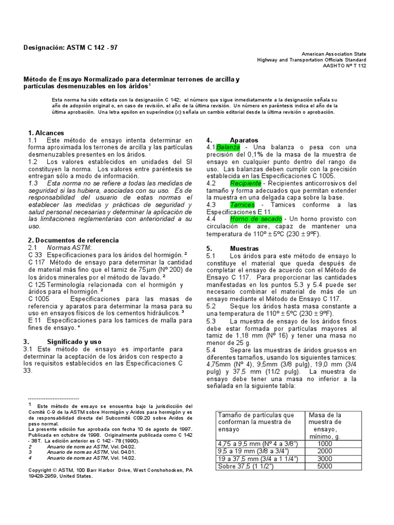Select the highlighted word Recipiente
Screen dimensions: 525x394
click(x=245, y=183)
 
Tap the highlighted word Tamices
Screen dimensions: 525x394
click(x=242, y=205)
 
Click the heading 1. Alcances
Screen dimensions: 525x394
click(x=46, y=133)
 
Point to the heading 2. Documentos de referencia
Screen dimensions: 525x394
click(x=73, y=240)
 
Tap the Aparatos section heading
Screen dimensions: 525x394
click(x=244, y=140)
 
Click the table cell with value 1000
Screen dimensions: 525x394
click(x=325, y=443)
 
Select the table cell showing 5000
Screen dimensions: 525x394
click(x=325, y=467)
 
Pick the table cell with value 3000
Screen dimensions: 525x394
click(x=325, y=459)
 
